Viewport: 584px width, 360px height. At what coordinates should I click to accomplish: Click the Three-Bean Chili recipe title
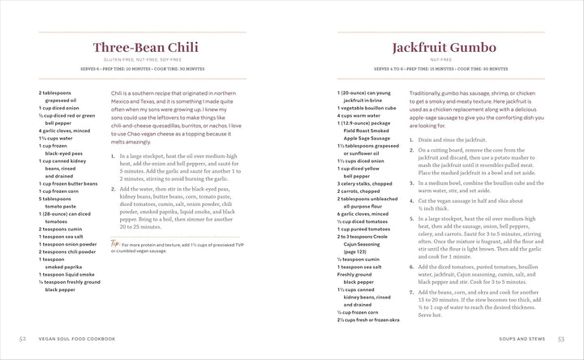pos(146,48)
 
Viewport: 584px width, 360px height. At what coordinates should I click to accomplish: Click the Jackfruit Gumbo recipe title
pos(442,48)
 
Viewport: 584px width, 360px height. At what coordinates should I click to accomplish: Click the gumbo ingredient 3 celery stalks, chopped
pos(365,183)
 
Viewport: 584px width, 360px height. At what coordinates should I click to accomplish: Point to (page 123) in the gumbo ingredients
pos(355,251)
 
